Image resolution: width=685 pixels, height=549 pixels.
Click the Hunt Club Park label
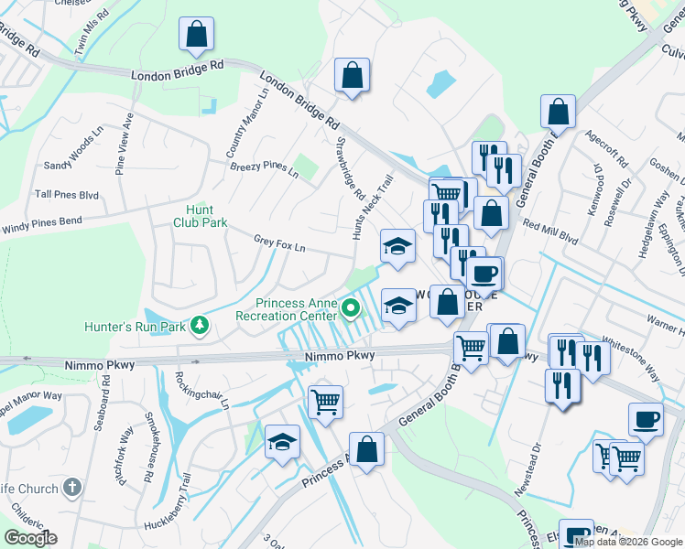pos(201,215)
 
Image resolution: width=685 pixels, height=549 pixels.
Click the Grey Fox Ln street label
pos(279,243)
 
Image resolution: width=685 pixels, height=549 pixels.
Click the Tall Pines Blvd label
pos(66,195)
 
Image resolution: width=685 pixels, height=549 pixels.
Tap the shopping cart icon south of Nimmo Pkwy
pos(326,401)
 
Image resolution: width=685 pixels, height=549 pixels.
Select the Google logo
pos(30,538)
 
